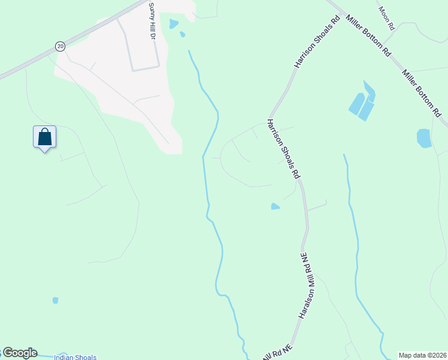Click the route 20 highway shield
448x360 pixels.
(60, 46)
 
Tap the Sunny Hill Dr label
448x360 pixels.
(152, 21)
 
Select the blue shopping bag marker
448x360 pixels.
(45, 137)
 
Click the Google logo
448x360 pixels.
(19, 353)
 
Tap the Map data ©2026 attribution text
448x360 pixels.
(422, 355)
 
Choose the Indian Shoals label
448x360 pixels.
(75, 358)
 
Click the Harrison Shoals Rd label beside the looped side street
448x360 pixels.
(283, 149)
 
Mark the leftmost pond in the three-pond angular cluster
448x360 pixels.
(356, 104)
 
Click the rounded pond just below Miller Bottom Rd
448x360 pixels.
(424, 138)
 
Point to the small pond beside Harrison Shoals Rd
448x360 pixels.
(275, 206)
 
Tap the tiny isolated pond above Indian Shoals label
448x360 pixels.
(56, 300)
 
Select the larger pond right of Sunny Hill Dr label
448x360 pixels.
(174, 24)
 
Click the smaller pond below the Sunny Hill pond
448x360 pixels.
(182, 35)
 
